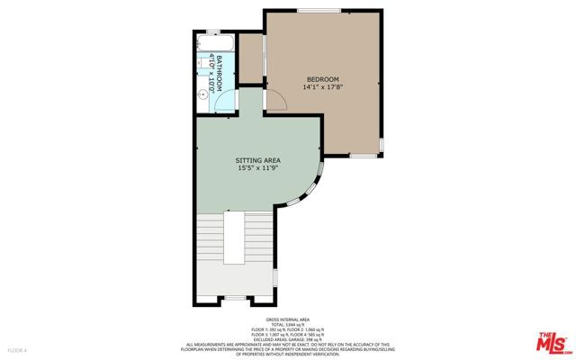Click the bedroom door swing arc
pyautogui.click(x=277, y=101)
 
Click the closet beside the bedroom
pyautogui.click(x=251, y=64)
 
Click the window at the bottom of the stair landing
pyautogui.click(x=235, y=297)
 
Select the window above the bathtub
pyautogui.click(x=213, y=32)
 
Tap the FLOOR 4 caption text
pyautogui.click(x=17, y=349)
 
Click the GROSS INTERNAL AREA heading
pyautogui.click(x=288, y=320)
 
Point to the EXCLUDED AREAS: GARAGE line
pyautogui.click(x=288, y=338)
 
